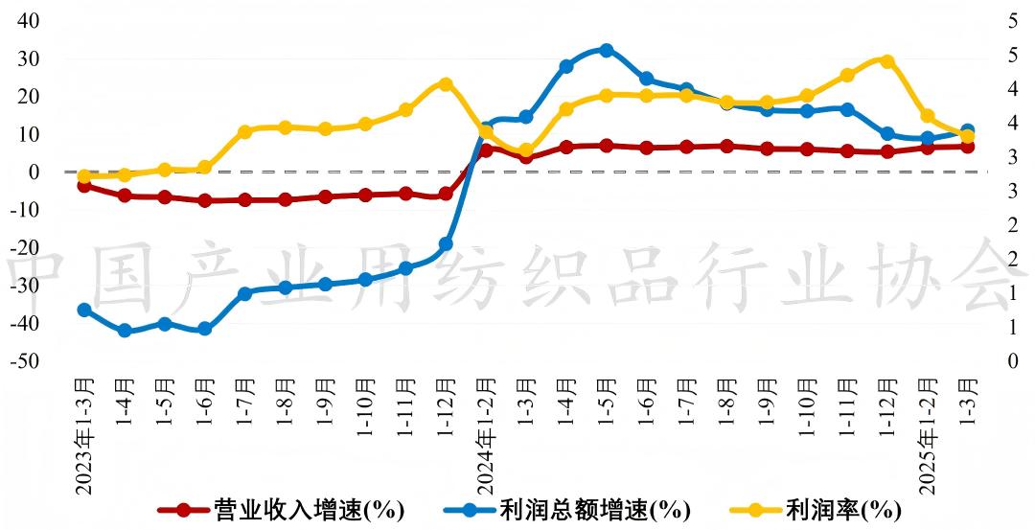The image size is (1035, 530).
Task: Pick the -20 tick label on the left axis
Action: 26,248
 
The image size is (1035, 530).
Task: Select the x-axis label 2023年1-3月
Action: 84,436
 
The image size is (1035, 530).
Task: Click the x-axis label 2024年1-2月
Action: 486,436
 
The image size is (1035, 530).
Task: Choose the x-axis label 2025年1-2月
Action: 926,436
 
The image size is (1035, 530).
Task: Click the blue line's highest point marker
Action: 607,50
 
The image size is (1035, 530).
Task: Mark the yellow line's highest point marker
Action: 886,61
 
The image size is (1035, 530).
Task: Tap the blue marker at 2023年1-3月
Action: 84,310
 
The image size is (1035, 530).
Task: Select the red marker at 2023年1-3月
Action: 84,185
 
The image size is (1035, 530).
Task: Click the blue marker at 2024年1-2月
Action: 486,128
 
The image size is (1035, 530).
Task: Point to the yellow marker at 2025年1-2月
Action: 927,116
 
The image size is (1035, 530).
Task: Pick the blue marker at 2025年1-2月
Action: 927,139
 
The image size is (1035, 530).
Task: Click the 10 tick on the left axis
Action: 29,134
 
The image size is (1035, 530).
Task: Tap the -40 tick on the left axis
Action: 26,324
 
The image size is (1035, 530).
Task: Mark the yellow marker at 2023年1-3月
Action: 84,176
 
